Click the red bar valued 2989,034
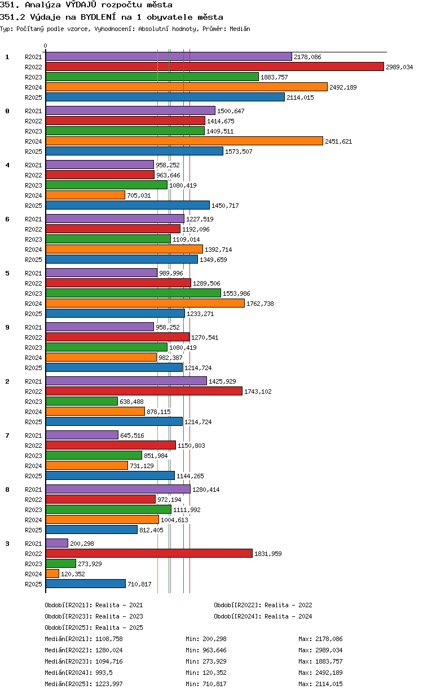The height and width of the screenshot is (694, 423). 214,66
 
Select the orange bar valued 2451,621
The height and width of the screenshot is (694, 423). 184,141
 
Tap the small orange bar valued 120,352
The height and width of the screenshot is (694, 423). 52,573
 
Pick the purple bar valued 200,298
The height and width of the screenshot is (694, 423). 57,543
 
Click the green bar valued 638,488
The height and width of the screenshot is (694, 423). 82,401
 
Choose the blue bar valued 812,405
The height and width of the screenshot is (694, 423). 91,530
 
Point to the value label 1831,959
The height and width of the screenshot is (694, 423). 268,554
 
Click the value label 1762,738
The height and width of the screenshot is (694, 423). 260,304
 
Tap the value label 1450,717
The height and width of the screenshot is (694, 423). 225,206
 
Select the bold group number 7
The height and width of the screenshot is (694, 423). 7,435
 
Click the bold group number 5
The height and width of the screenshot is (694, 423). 7,273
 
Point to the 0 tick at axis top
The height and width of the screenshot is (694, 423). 45,46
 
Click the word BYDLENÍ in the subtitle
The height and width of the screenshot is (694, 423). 98,17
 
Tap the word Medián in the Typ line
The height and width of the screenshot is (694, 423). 240,29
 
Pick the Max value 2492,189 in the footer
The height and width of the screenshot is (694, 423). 329,673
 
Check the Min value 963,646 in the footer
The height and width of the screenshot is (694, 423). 214,650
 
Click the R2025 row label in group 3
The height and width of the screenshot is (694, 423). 33,584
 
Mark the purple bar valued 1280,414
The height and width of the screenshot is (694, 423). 118,489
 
